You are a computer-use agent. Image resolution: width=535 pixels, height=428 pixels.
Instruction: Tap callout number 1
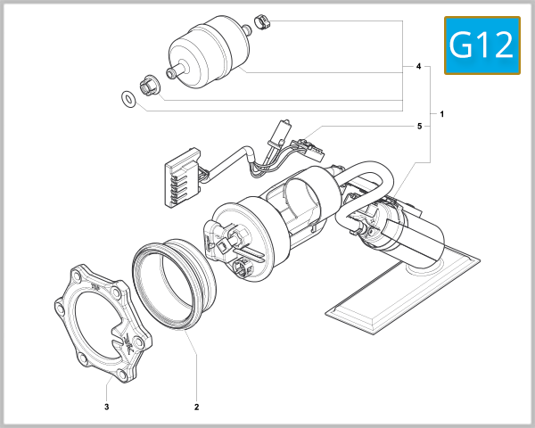click(x=442, y=115)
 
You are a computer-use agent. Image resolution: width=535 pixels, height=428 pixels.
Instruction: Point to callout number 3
click(x=107, y=407)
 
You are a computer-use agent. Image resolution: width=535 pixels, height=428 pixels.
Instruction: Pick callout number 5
click(x=418, y=127)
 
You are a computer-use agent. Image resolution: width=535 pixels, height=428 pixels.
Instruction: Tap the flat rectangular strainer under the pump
click(x=392, y=294)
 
